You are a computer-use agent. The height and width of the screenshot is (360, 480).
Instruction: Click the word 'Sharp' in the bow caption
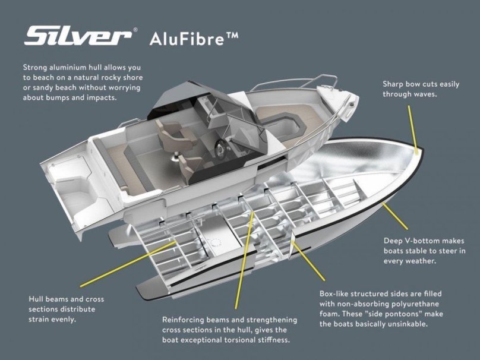tap(394, 84)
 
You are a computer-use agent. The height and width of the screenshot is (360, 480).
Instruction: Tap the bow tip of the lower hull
tap(419, 151)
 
